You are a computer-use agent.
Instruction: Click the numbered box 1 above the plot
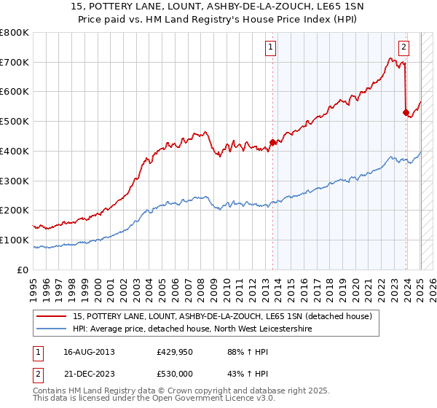click(x=270, y=48)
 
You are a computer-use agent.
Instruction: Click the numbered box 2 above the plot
click(x=403, y=48)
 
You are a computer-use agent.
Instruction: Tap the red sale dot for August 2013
click(x=272, y=142)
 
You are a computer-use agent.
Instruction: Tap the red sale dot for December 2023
click(x=406, y=112)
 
